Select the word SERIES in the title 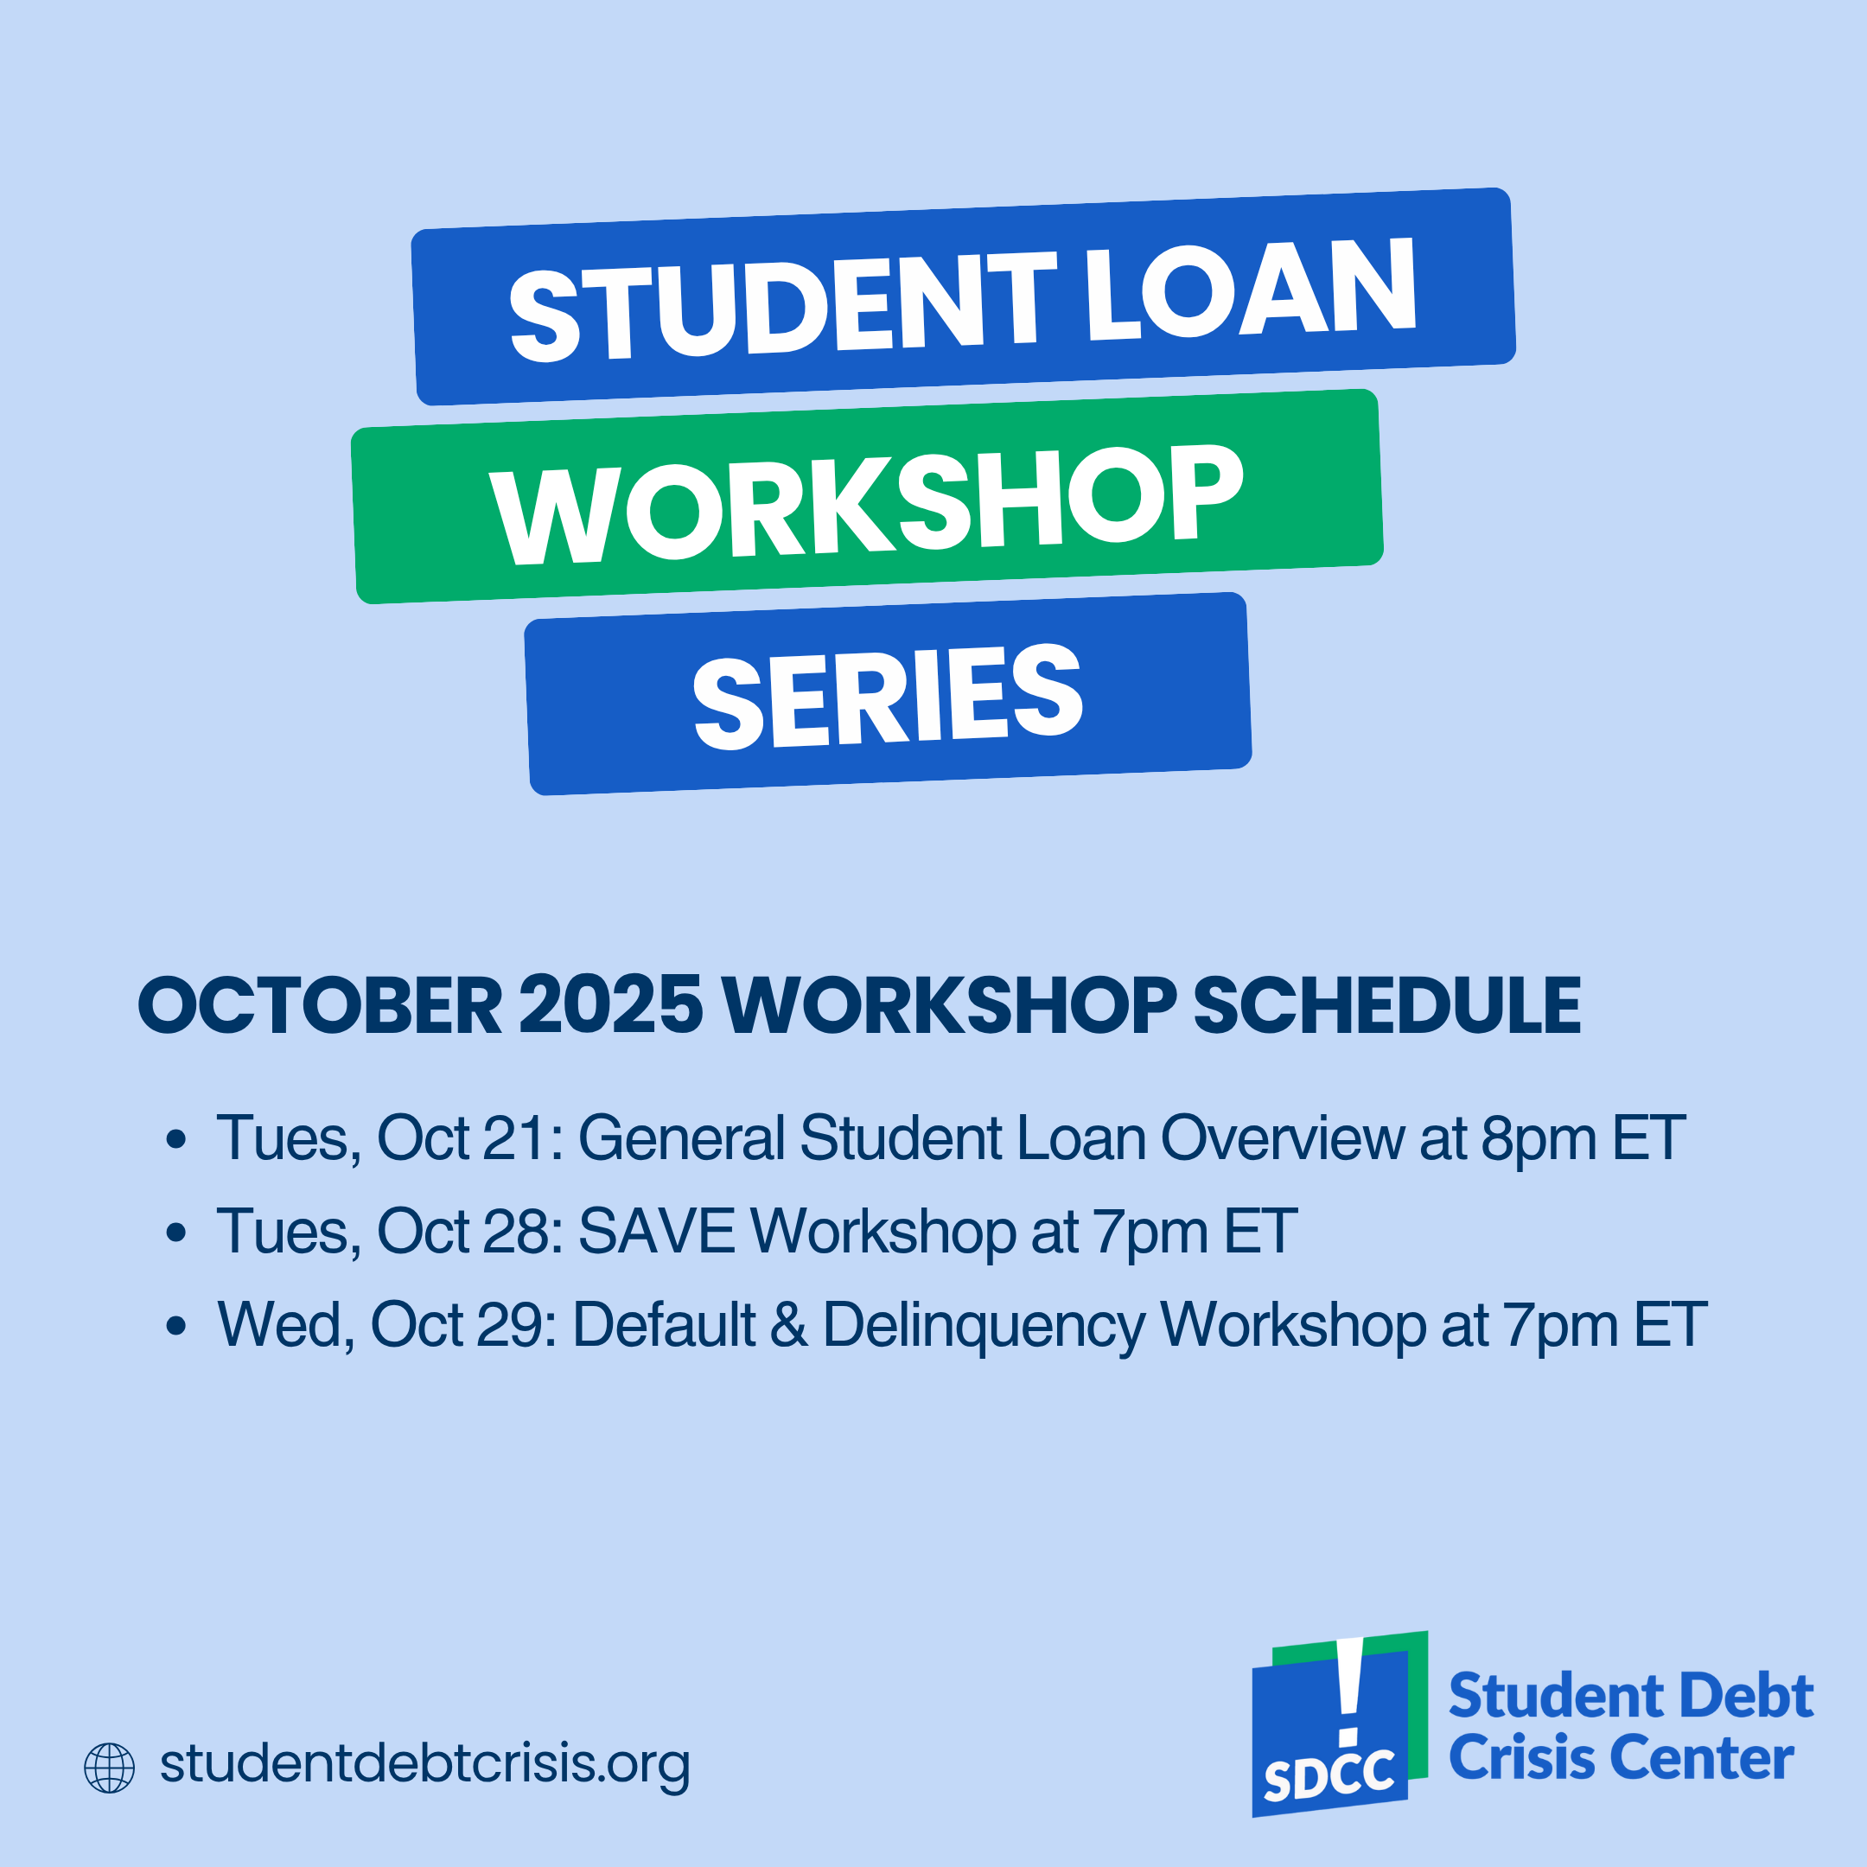[887, 696]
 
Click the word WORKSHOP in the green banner [866, 503]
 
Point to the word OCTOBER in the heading [320, 1006]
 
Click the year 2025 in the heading [611, 1006]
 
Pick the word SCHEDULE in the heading [1386, 1006]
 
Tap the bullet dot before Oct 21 [175, 1139]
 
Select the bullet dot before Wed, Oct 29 [175, 1325]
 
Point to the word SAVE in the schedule [657, 1232]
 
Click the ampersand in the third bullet [789, 1325]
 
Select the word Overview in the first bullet [1283, 1139]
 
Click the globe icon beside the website [109, 1768]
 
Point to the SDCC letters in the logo [1329, 1776]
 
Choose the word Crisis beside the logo [1524, 1759]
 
